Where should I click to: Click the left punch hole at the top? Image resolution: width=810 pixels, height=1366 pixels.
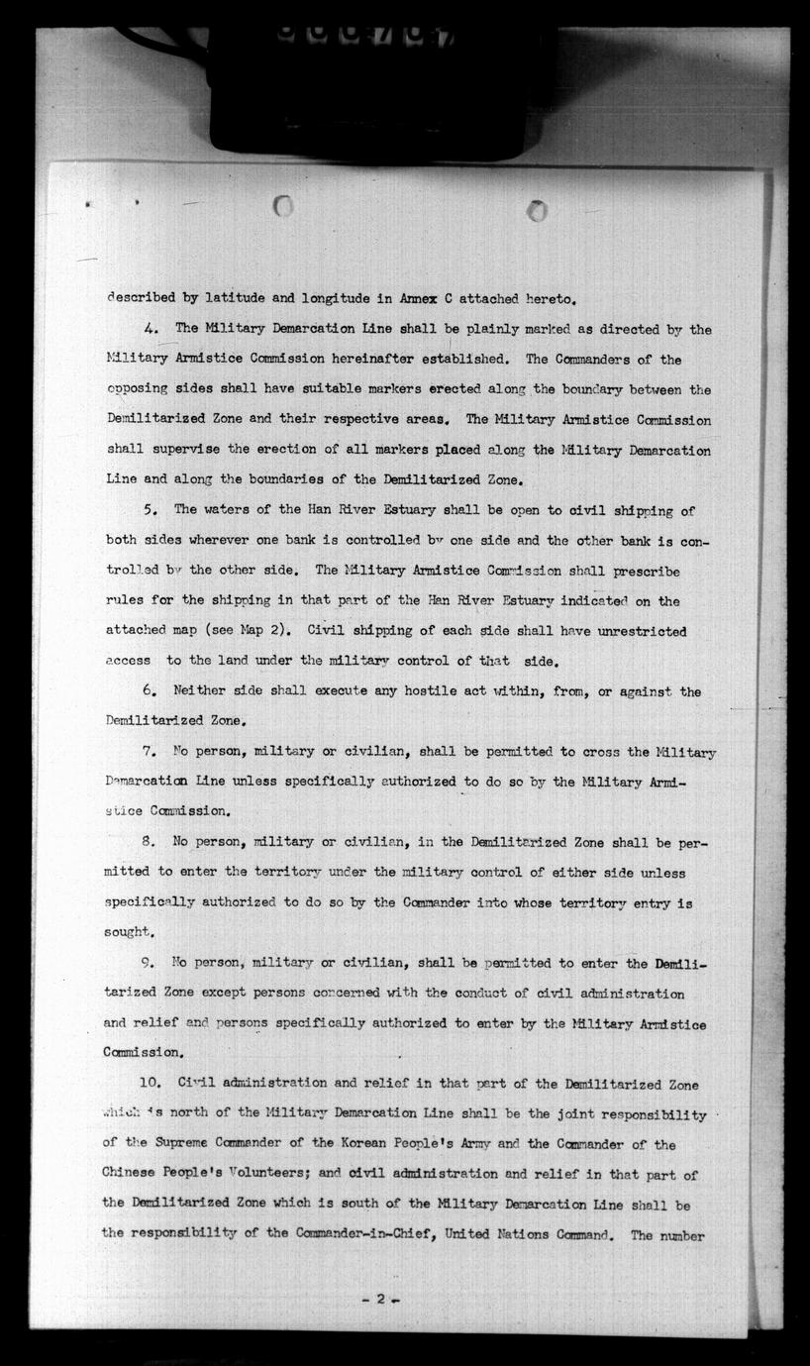(x=283, y=206)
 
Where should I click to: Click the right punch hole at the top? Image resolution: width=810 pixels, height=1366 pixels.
(x=538, y=211)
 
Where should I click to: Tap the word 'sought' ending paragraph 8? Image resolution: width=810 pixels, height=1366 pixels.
(x=128, y=933)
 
